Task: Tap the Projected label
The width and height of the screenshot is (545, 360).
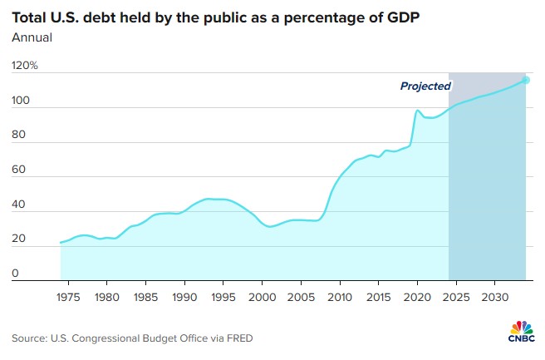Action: (x=425, y=86)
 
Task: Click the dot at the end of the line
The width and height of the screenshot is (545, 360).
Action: (x=526, y=80)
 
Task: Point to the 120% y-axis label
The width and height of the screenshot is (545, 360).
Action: (x=25, y=66)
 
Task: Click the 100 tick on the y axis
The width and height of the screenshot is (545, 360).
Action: (x=22, y=101)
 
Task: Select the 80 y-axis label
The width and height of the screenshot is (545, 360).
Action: (x=19, y=136)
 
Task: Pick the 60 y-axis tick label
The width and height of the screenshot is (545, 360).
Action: (x=19, y=170)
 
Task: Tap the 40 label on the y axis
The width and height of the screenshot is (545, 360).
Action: (x=19, y=205)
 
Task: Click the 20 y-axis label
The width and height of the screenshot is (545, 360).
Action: (x=19, y=239)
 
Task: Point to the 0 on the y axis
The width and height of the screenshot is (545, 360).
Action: (x=16, y=274)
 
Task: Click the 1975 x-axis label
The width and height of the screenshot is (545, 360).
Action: (x=67, y=296)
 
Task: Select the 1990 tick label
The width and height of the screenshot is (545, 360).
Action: (x=184, y=296)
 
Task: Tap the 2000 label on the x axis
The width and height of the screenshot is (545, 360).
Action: (x=263, y=296)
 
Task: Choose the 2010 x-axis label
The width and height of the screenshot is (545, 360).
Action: (x=341, y=296)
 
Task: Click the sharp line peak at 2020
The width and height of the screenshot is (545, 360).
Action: (x=418, y=111)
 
